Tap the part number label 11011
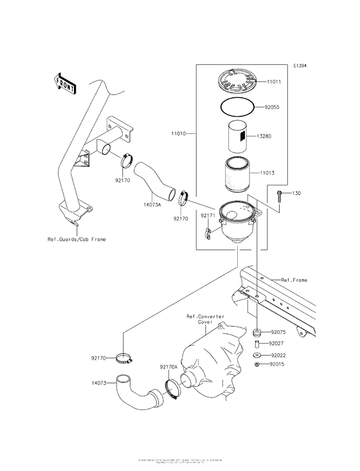274,82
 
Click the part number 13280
274,136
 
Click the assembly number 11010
178,133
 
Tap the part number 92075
278,333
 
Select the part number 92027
278,344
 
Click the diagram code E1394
300,66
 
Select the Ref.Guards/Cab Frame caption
76,239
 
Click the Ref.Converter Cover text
204,319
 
